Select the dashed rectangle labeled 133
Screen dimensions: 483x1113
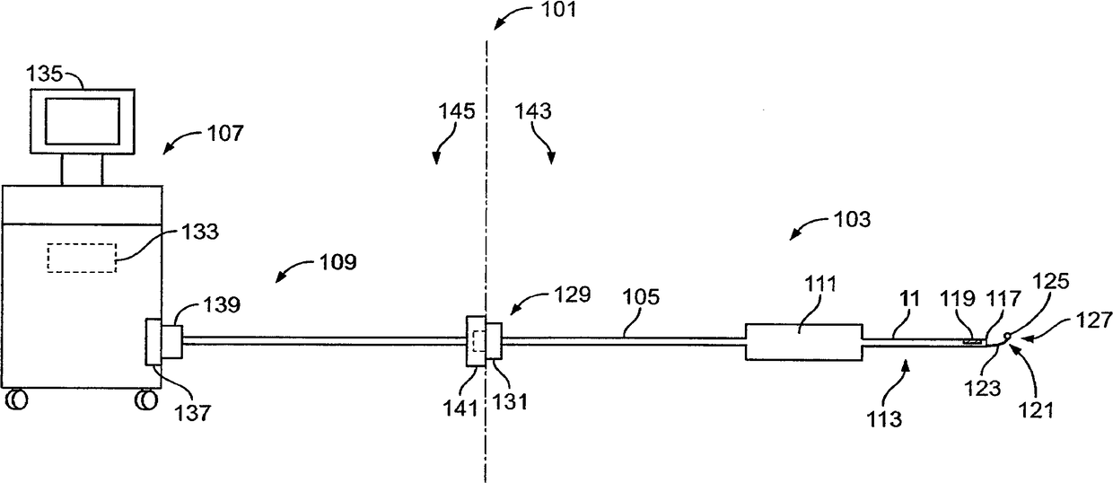click(82, 258)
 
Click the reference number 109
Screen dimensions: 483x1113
click(337, 263)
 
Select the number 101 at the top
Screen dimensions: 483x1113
click(559, 11)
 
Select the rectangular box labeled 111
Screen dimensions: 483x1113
click(803, 341)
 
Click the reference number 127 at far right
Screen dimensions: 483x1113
click(1098, 318)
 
